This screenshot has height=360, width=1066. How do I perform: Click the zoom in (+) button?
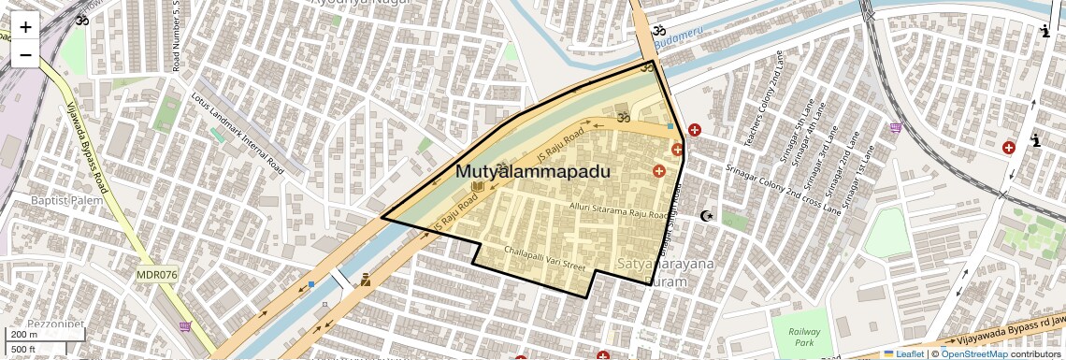coord(25,27)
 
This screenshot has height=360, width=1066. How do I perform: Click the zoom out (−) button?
coord(25,54)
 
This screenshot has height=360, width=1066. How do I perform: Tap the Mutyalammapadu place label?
coord(533,172)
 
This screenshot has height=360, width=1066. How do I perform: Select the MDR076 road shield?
coord(157,275)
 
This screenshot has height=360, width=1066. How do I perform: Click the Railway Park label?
coord(804,338)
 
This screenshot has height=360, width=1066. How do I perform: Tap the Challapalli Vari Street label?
coord(544,257)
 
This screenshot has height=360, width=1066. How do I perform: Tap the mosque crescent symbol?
coord(707,216)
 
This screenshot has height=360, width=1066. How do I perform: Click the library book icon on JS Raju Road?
coord(478,187)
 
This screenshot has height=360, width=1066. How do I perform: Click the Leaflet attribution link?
coord(903,353)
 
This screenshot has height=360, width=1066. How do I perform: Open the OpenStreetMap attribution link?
coord(973,353)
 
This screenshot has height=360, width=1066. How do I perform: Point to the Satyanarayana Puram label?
coord(666,272)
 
